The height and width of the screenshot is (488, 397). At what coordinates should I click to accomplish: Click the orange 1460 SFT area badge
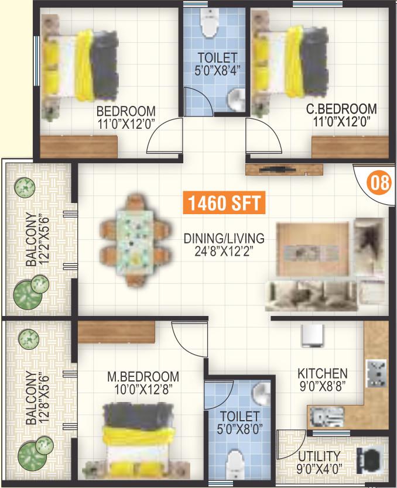(x=224, y=202)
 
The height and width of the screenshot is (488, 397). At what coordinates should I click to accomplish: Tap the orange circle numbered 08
(x=379, y=183)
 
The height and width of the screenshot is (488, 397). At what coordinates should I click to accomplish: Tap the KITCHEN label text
(x=322, y=373)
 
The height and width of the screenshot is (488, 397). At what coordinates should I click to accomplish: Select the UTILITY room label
(x=319, y=456)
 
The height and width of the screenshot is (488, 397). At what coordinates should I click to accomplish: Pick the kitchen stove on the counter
(x=376, y=373)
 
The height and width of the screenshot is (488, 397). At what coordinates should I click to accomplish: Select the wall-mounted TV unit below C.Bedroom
(x=284, y=170)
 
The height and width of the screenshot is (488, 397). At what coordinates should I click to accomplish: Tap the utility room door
(x=292, y=444)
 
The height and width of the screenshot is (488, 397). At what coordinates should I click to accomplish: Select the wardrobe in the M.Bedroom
(x=116, y=332)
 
